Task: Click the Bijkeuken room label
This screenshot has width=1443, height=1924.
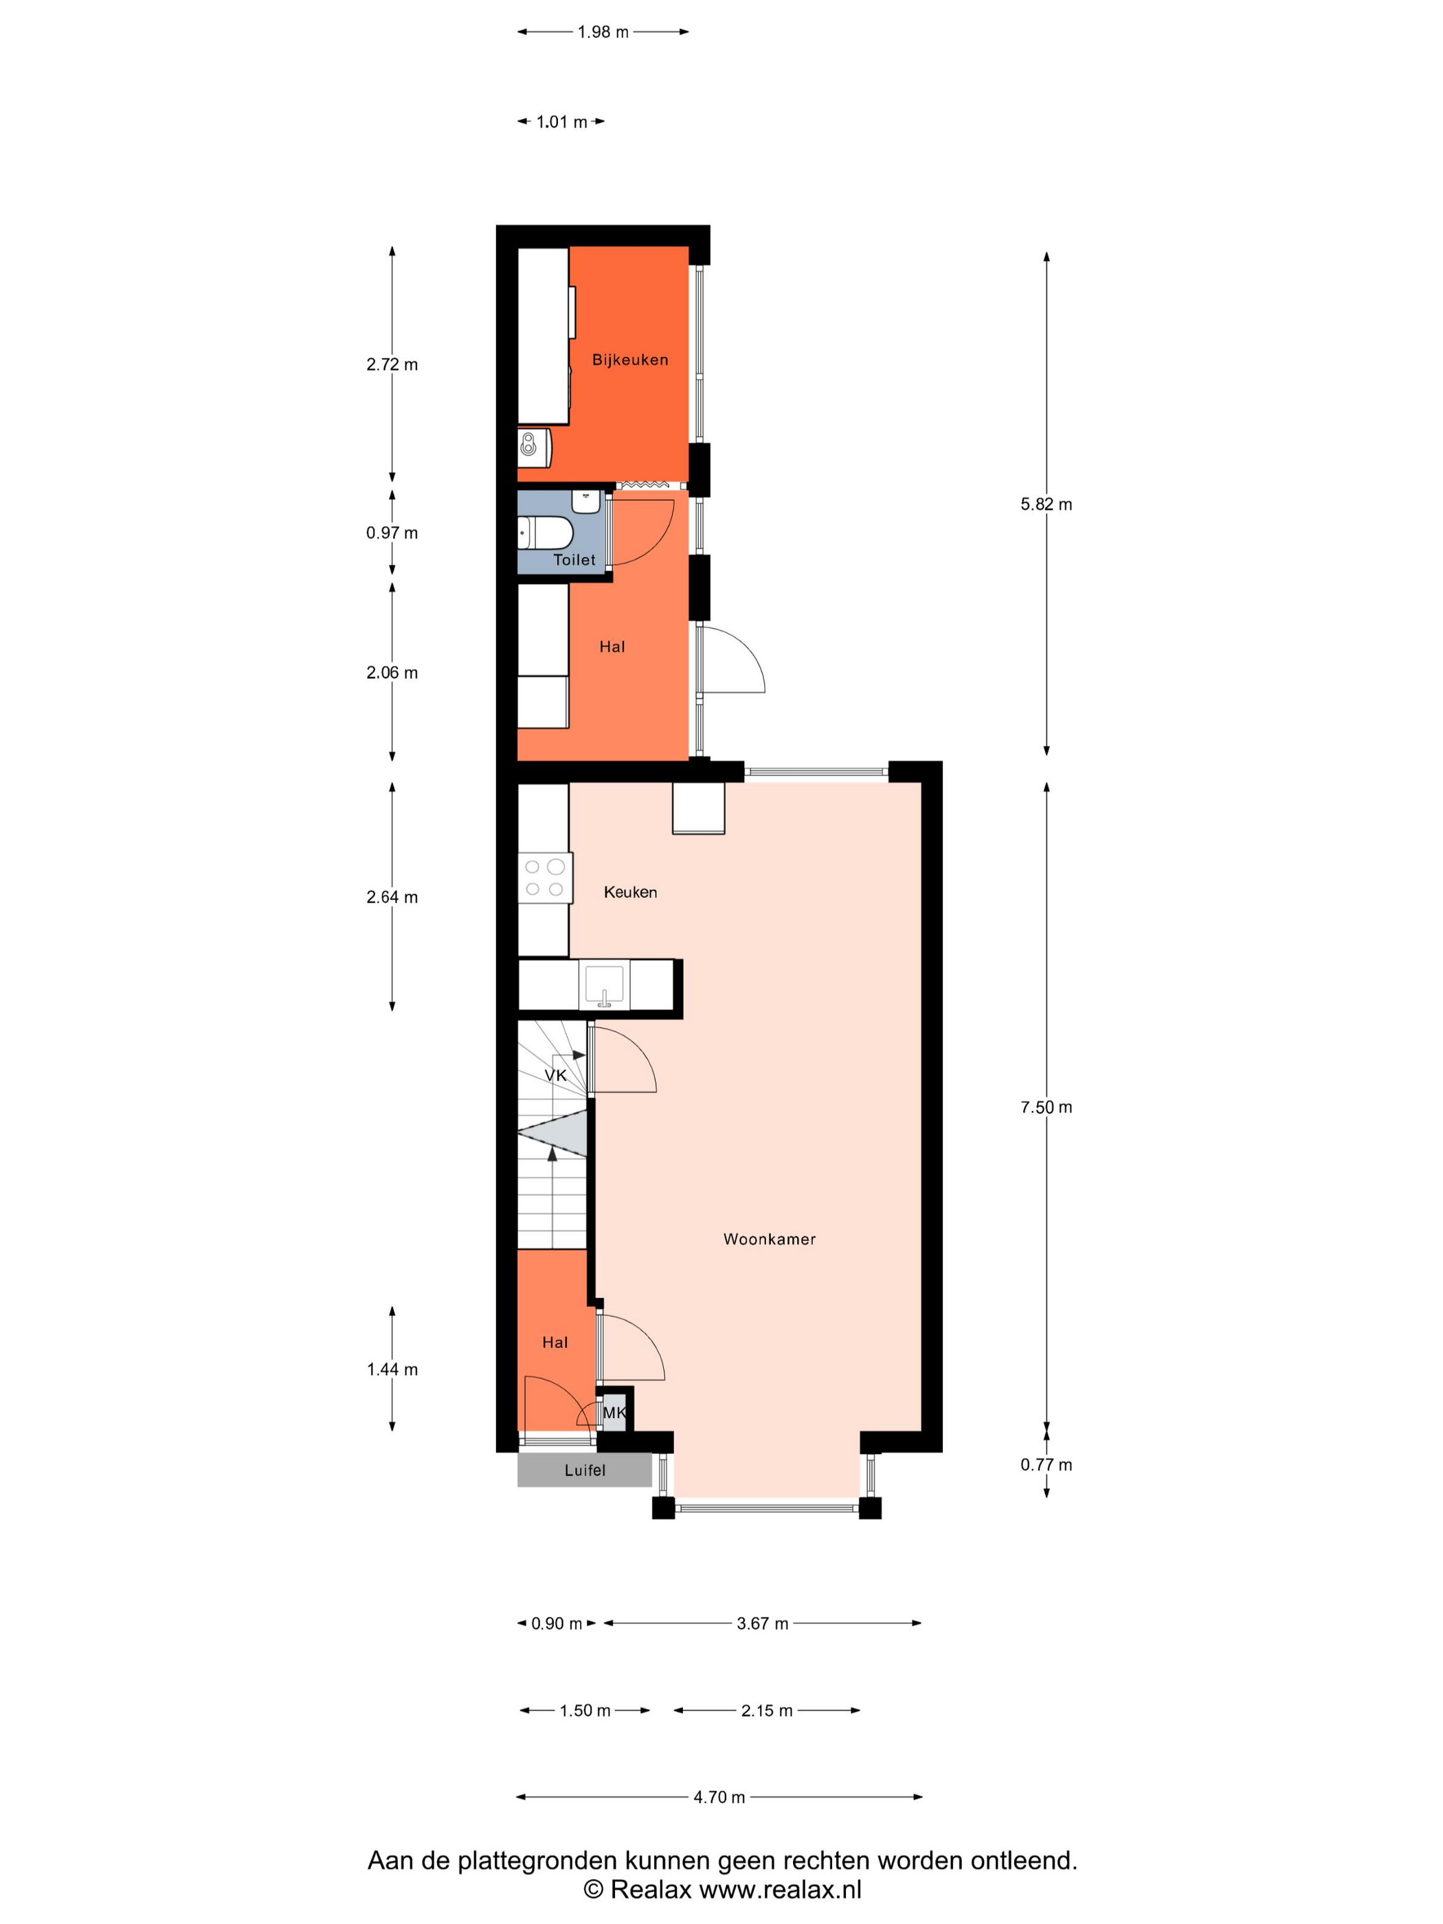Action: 629,359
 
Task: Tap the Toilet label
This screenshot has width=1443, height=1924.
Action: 574,559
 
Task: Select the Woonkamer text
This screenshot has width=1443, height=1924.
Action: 769,1239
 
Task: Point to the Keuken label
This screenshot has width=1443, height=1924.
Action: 629,891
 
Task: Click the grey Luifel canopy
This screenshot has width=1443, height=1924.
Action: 585,1470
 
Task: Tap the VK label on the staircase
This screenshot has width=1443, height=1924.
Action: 555,1075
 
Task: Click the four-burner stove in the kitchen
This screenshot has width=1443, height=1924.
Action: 544,877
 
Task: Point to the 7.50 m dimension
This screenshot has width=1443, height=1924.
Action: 1046,1107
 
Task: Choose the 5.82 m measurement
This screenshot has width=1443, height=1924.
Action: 1046,504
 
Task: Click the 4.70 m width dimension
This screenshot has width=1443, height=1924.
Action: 719,1797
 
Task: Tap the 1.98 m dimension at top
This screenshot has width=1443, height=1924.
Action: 603,32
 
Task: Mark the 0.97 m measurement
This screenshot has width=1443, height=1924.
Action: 392,533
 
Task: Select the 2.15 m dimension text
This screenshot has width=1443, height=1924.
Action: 766,1711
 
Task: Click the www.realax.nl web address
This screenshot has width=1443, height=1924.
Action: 780,1889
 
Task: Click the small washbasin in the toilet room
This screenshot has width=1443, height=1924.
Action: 586,502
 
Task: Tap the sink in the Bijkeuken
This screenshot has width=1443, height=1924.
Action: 534,447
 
